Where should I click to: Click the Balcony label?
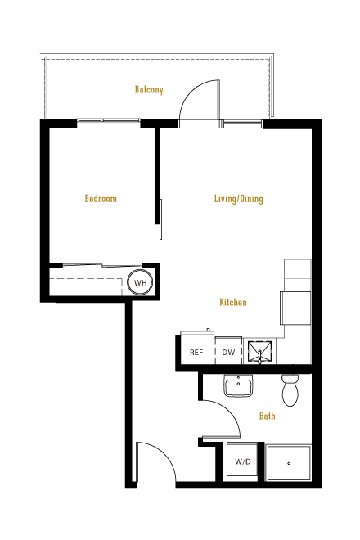pos(149,90)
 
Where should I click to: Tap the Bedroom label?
pos(101,198)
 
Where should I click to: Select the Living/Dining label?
pos(238,199)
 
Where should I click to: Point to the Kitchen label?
pos(233,302)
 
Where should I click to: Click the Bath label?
pos(268,416)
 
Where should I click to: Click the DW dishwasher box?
pos(228,350)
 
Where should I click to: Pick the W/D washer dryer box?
pos(242,460)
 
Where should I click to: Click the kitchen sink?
pos(259,351)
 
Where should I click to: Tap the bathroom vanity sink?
pos(238,385)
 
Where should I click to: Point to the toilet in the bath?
pos(290,389)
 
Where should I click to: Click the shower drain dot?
pos(289,463)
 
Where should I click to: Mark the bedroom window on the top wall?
pos(109,121)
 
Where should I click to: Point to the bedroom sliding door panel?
pos(160,219)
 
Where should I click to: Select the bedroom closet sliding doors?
pos(102,266)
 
